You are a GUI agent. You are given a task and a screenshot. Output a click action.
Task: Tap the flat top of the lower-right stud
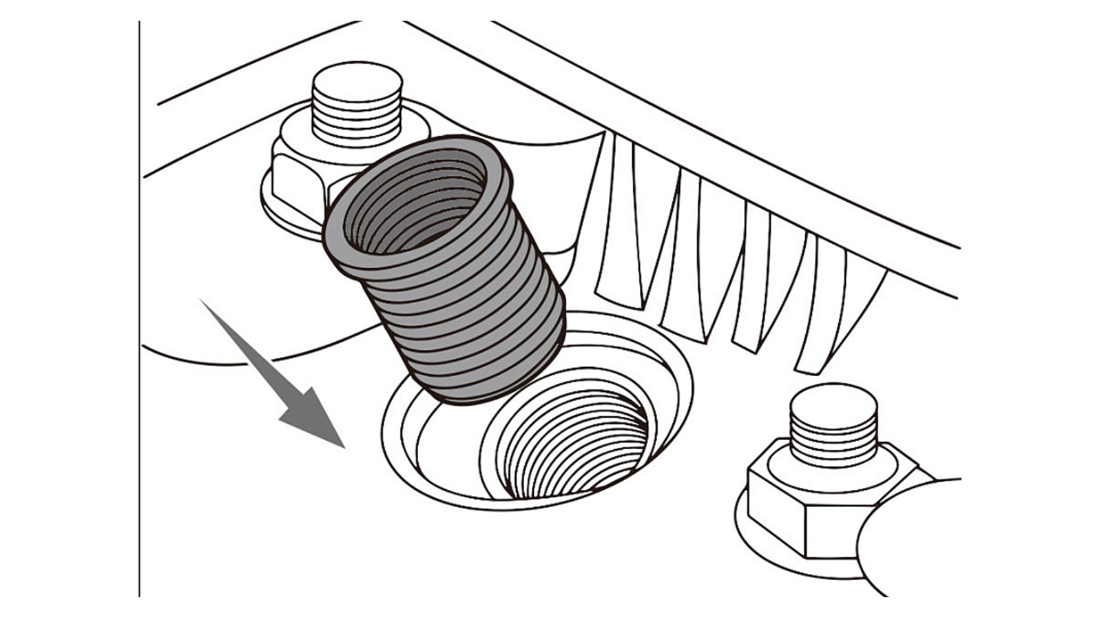833,403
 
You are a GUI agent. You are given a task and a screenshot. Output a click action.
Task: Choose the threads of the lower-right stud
833,441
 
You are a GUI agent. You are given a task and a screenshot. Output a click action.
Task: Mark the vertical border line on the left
140,310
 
